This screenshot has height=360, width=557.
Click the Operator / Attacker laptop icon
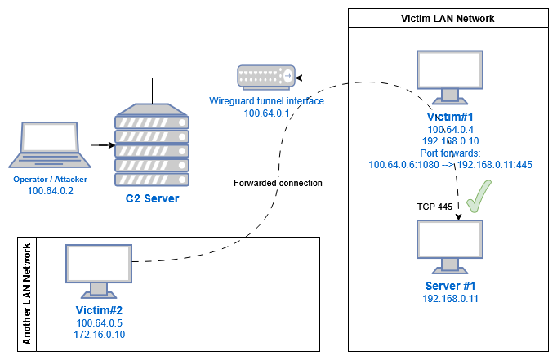50,146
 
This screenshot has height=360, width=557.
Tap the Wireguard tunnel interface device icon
265,77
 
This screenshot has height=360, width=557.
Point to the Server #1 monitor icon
451,246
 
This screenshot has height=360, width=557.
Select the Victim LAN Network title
448,18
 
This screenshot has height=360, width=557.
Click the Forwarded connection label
278,183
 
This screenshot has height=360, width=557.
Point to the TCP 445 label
434,207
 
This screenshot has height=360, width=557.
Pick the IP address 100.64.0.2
51,192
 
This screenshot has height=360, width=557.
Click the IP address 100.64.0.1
266,113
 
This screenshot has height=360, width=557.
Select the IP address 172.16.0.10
99,335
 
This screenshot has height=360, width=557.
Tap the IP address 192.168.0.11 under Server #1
451,299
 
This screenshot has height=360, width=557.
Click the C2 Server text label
152,198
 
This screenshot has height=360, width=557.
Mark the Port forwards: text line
451,152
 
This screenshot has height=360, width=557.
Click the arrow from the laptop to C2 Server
100,146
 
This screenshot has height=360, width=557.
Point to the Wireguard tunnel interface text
266,101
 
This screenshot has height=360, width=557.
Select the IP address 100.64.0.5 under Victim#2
99,323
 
